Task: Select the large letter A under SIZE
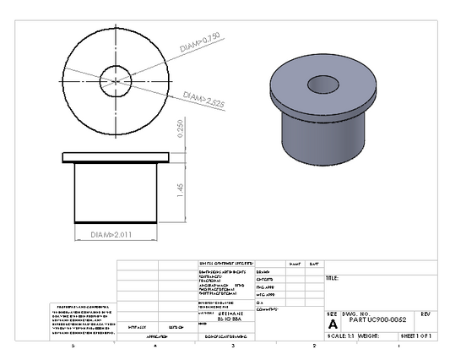332,324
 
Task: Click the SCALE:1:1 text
340,335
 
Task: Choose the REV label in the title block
425,313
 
